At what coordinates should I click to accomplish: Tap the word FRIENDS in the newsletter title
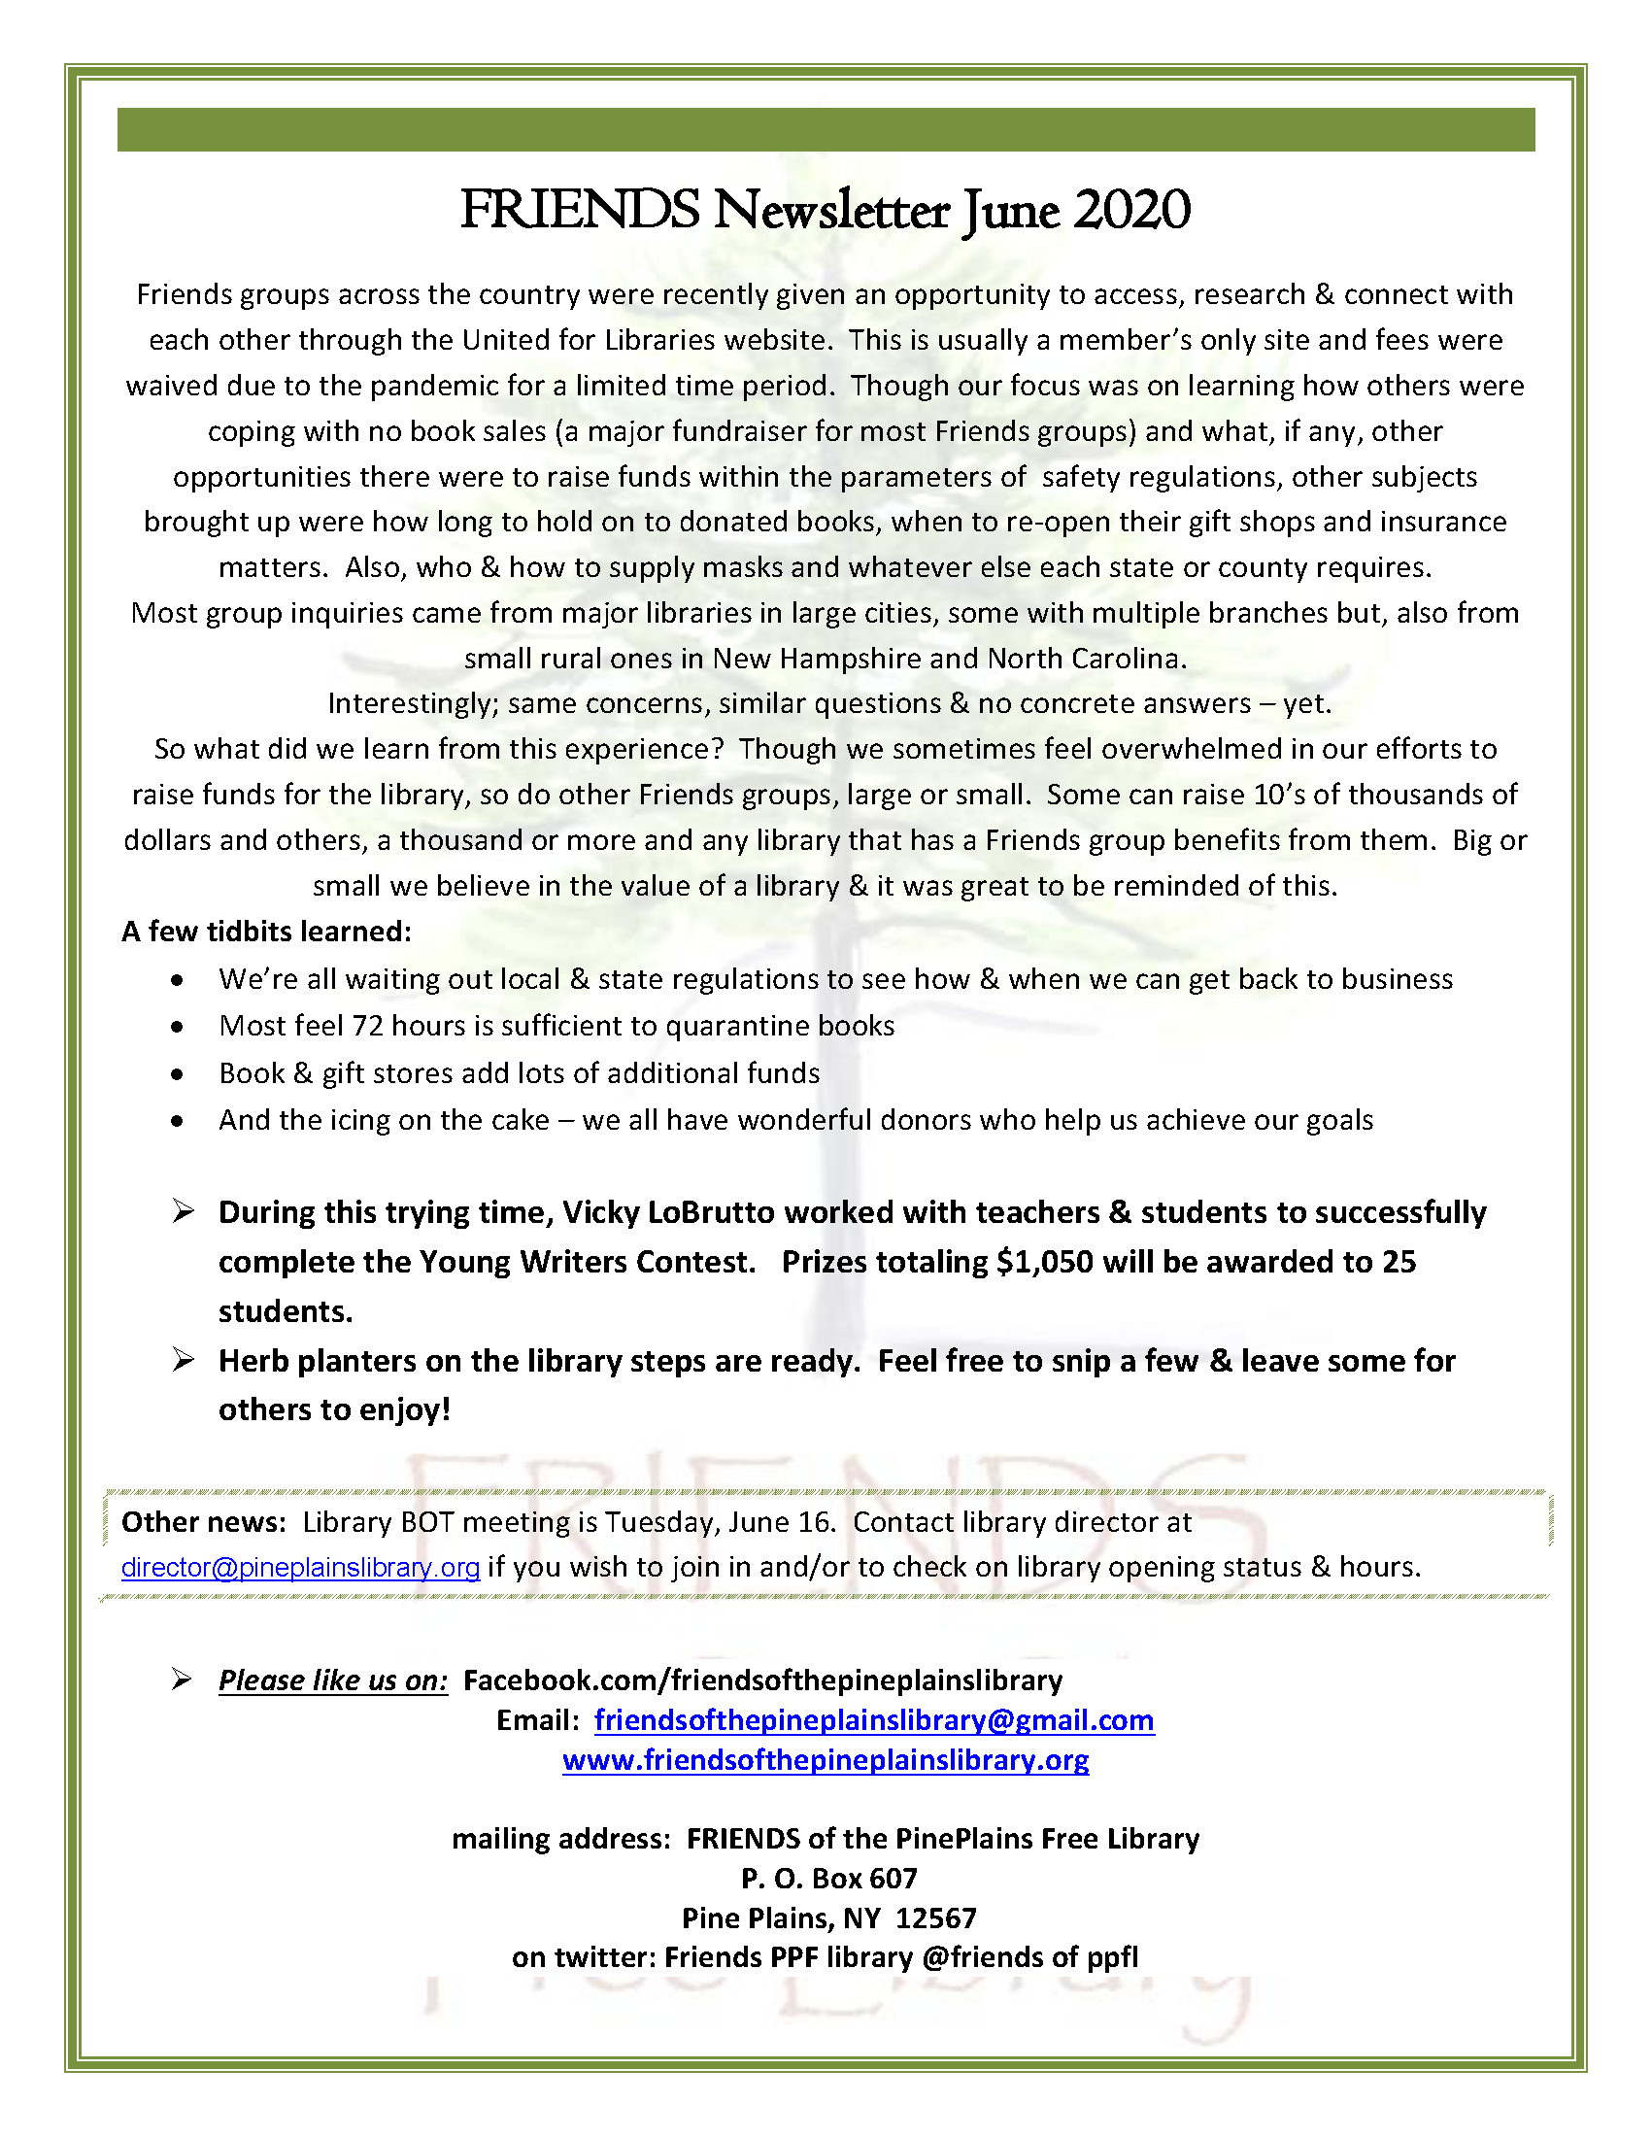click(580, 211)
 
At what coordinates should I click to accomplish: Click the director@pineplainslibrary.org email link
click(300, 1567)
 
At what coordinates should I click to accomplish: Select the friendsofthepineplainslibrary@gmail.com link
click(874, 1720)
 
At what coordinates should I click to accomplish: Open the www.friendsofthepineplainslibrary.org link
click(825, 1760)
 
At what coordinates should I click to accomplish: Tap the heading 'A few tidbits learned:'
click(266, 931)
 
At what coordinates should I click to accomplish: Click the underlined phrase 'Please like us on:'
click(333, 1680)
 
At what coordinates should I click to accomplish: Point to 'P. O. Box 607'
click(829, 1878)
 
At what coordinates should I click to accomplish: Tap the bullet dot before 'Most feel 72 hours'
click(176, 1027)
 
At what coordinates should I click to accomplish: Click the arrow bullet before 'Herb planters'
click(183, 1360)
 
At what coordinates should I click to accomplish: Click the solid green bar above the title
click(825, 129)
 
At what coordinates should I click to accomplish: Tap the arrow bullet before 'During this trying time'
click(183, 1211)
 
